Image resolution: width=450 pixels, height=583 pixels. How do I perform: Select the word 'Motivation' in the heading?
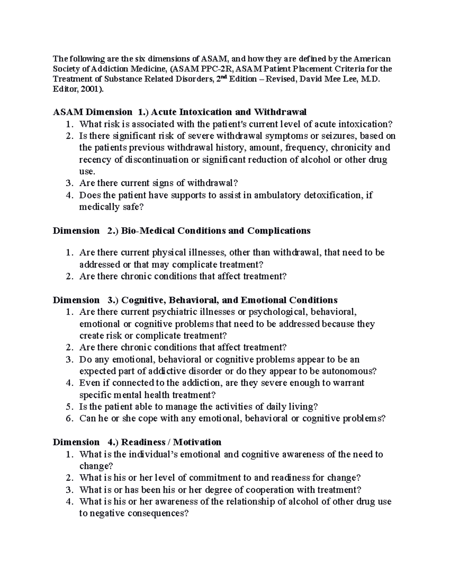point(197,442)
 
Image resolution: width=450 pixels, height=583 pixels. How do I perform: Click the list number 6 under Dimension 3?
point(69,419)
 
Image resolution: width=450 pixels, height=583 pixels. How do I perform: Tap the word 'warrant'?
point(349,383)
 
